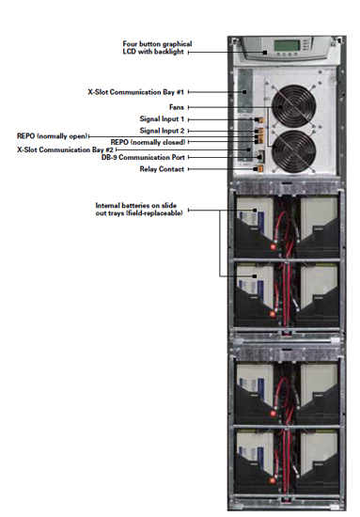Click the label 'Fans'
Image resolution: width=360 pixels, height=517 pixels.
pos(176,107)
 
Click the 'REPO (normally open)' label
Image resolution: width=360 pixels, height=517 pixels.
pos(54,136)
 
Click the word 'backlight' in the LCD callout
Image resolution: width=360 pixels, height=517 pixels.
pos(165,54)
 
